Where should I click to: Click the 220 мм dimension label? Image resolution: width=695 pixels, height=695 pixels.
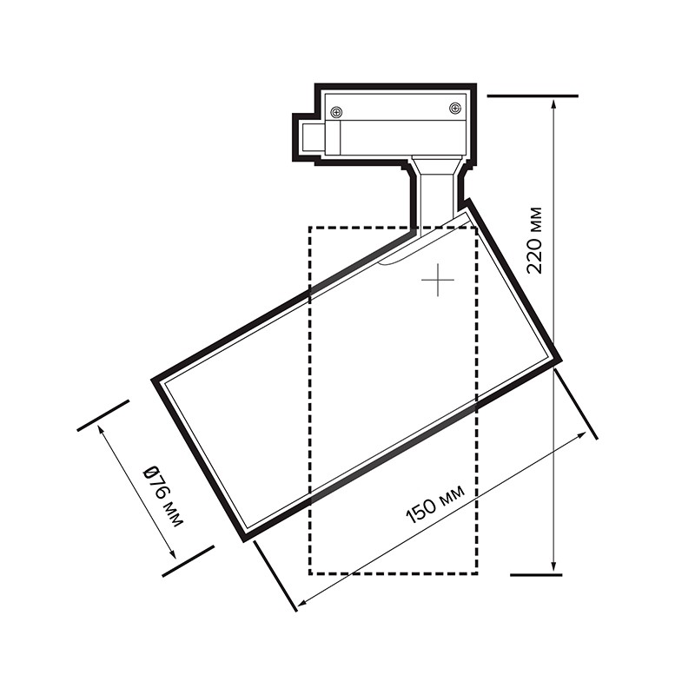534,241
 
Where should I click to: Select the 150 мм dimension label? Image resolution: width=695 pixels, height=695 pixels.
436,504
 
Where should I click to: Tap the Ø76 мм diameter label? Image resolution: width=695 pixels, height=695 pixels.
163,496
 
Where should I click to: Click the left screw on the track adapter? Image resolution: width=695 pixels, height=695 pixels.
337,113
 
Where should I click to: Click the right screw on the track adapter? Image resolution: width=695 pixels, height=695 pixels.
454,108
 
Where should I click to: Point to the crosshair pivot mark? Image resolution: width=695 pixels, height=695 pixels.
438,280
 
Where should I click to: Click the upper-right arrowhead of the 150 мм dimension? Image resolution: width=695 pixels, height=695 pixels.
581,437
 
